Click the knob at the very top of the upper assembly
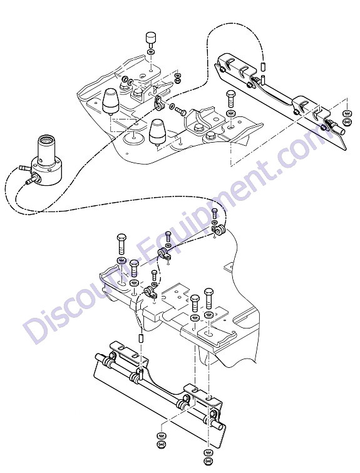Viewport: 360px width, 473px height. coord(151,38)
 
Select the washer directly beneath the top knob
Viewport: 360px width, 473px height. coord(151,52)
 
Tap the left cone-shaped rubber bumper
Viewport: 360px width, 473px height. coord(111,101)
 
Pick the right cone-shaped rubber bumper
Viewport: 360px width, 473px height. coord(158,131)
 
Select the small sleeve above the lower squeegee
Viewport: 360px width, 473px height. coord(141,338)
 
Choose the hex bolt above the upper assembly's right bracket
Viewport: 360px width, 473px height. coord(230,99)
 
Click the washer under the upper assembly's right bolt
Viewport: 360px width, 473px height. coord(230,114)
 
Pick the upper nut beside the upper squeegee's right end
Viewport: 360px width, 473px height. coord(347,114)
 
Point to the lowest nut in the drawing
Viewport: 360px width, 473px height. coord(208,461)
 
